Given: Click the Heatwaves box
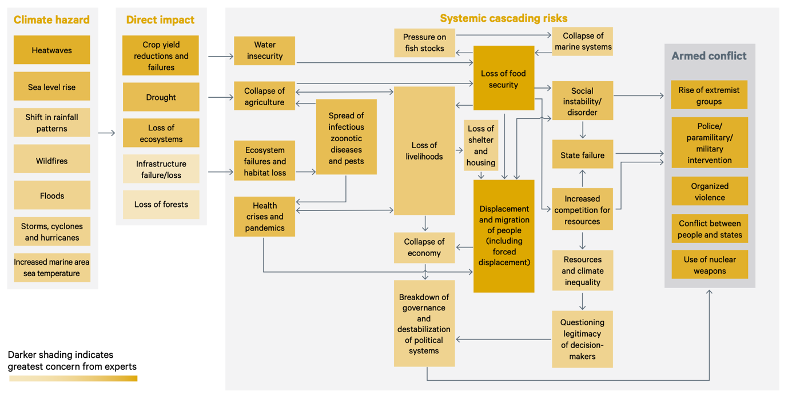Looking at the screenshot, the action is (x=51, y=50).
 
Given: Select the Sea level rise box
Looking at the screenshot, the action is (x=51, y=86).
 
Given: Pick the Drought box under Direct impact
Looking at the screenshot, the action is (x=161, y=97).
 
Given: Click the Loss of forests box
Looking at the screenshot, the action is (x=161, y=205).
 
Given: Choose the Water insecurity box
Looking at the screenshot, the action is (x=265, y=51).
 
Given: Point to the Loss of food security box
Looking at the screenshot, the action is (x=504, y=78).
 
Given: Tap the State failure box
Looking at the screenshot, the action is (x=583, y=154).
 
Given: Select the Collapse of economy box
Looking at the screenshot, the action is (x=424, y=248).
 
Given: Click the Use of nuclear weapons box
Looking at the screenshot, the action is (x=710, y=265).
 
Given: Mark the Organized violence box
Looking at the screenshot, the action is (x=710, y=191).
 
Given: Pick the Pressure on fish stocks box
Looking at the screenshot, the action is (x=425, y=43).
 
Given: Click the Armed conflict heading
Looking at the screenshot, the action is (x=709, y=56).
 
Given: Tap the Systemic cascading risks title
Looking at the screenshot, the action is (x=503, y=18).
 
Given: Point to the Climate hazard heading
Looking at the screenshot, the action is (x=51, y=19).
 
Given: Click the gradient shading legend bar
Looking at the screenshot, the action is (x=73, y=378).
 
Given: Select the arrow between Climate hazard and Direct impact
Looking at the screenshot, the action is (x=106, y=133).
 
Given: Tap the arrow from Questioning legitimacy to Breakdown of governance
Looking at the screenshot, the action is (x=503, y=339).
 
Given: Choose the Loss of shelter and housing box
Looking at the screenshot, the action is (x=481, y=145).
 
